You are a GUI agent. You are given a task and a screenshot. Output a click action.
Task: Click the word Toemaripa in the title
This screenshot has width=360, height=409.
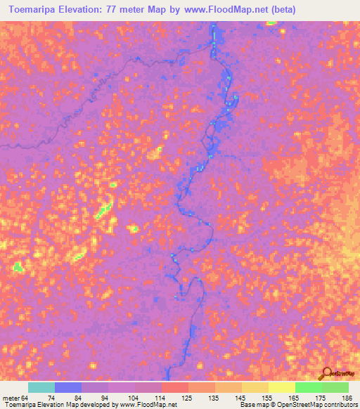(x=36, y=10)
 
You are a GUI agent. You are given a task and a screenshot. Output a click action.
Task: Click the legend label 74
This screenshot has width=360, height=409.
(x=51, y=397)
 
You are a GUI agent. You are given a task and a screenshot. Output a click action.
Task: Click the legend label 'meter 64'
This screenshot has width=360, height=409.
(x=15, y=397)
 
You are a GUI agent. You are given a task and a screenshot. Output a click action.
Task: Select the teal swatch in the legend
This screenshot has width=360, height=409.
(x=41, y=387)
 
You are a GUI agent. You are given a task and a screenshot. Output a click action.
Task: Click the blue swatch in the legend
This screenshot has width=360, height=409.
(x=68, y=387)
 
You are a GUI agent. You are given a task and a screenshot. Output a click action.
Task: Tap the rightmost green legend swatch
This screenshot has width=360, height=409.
(x=335, y=387)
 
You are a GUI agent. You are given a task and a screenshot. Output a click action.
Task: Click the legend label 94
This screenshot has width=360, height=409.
(x=77, y=397)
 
